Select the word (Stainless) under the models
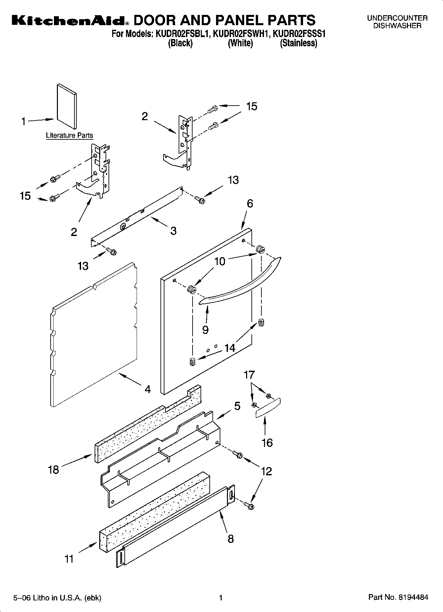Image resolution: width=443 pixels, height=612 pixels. (x=298, y=43)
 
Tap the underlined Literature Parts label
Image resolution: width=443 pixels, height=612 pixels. (x=69, y=135)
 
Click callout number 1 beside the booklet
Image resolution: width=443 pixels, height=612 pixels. (x=23, y=121)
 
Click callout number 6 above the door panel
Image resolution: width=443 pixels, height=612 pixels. (x=250, y=204)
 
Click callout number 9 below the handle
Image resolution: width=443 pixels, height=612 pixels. (x=205, y=330)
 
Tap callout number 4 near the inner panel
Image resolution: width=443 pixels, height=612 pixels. (x=148, y=389)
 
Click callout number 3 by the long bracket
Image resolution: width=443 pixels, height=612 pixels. (x=173, y=230)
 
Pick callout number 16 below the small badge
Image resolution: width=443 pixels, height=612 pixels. (x=267, y=443)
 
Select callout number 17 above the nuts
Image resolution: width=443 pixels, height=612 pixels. (x=249, y=375)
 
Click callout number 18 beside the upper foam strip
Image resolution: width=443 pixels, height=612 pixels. (x=53, y=469)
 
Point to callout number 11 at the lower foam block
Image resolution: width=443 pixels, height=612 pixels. (x=69, y=559)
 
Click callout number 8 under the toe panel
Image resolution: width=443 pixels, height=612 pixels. (x=231, y=539)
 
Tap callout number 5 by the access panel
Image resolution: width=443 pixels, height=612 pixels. (x=237, y=406)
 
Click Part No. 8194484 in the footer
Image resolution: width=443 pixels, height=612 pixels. (x=398, y=597)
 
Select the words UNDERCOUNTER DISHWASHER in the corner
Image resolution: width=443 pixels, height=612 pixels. (x=397, y=22)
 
